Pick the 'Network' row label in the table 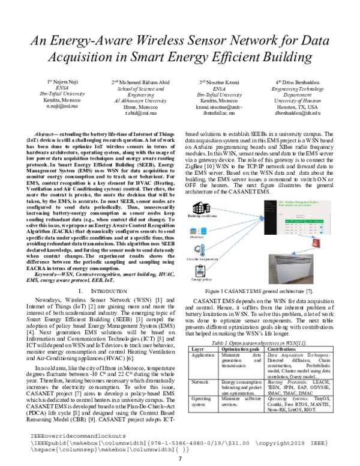click(x=200, y=382)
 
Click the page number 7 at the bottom click(x=179, y=459)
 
